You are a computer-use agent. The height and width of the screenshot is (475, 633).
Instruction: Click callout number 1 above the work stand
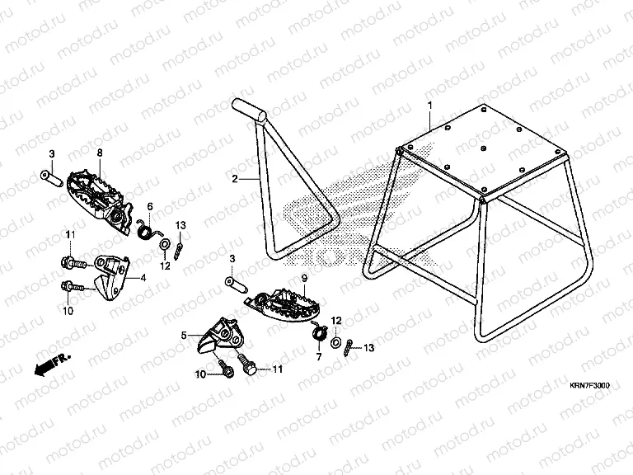click(429, 106)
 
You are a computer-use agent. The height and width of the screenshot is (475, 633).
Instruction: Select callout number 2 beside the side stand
click(235, 179)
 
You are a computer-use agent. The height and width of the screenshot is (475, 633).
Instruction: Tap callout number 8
click(100, 153)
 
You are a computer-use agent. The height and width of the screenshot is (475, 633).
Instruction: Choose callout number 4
click(143, 279)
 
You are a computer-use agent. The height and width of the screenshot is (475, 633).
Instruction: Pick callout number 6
click(150, 206)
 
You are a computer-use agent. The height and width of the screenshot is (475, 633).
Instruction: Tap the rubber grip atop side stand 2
click(248, 108)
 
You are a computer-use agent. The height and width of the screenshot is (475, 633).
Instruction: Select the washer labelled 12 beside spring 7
click(336, 341)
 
